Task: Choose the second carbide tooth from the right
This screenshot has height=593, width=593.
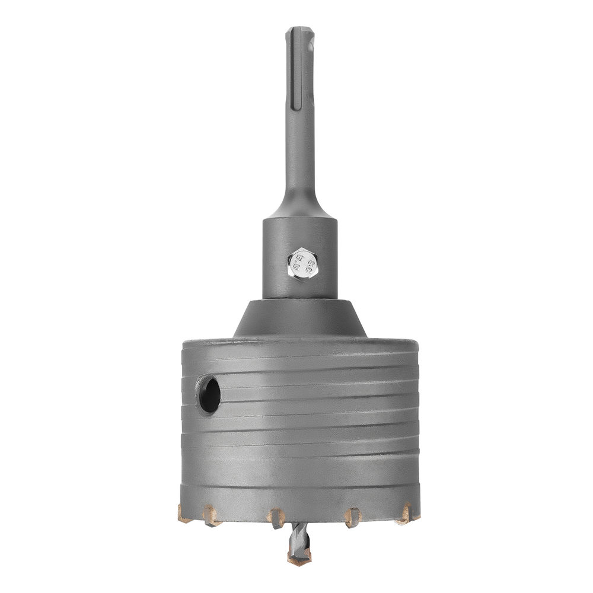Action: click(353, 517)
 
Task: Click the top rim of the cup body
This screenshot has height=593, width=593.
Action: click(300, 343)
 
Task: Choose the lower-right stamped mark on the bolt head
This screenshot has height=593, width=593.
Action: click(308, 268)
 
